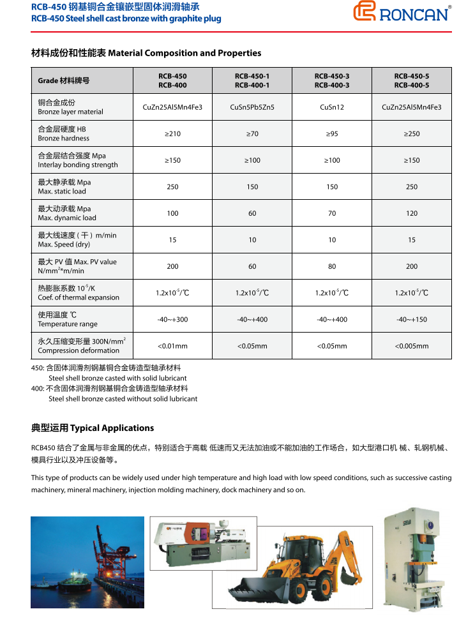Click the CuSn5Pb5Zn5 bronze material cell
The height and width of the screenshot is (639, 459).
252,107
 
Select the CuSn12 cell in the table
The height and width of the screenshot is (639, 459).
332,107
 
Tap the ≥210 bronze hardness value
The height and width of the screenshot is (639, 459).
172,134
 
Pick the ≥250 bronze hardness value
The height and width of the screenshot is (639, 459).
412,134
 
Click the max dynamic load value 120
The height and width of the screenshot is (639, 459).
412,213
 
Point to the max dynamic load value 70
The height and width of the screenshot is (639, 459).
332,213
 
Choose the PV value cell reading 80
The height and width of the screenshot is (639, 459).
332,266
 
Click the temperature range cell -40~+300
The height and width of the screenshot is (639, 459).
172,319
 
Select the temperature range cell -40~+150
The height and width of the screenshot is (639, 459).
412,319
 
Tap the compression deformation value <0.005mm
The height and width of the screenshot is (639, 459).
412,346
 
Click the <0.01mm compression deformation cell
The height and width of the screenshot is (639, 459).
172,346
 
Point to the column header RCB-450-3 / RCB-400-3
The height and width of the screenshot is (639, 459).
332,80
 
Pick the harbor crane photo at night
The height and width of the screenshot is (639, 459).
87,562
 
